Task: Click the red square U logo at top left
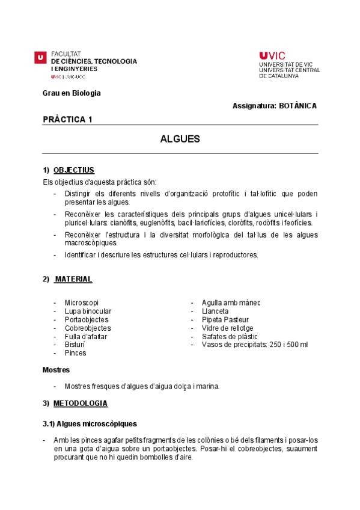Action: click(x=40, y=57)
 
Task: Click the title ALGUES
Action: click(x=180, y=139)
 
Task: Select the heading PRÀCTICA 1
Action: click(x=67, y=119)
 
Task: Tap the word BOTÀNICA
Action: click(x=297, y=106)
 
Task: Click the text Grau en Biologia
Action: click(x=72, y=93)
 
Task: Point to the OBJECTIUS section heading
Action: click(x=73, y=170)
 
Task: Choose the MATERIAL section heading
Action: click(x=73, y=279)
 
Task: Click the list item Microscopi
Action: click(x=81, y=303)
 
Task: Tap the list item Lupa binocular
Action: click(x=88, y=311)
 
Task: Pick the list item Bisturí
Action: click(x=75, y=345)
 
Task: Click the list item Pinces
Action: click(x=75, y=353)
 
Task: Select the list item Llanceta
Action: click(x=215, y=311)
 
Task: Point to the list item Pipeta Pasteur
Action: click(x=225, y=319)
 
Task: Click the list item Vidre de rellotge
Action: click(x=227, y=328)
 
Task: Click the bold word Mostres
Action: click(x=56, y=369)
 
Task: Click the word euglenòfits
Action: click(x=151, y=223)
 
